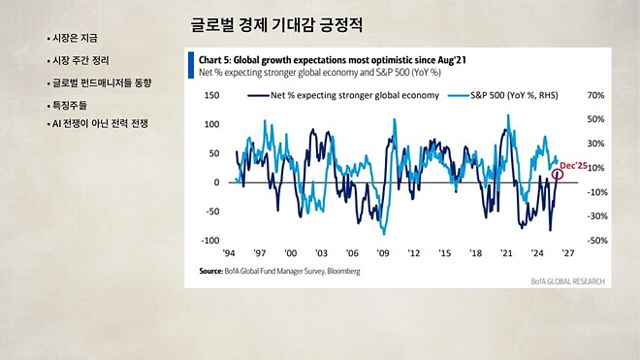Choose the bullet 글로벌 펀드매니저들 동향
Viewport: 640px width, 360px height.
[x=102, y=82]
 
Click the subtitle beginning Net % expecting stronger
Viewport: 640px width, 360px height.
[x=319, y=73]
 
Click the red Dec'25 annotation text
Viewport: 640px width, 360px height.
[x=572, y=166]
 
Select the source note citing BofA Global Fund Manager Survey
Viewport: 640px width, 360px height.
[x=279, y=272]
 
